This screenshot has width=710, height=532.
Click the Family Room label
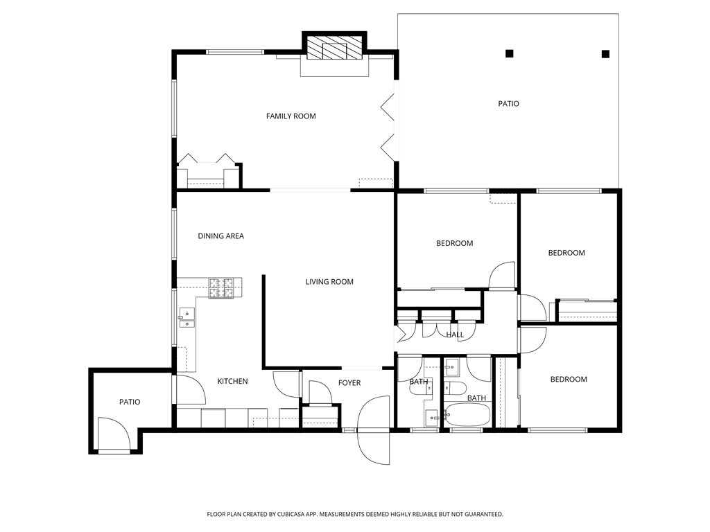pyautogui.click(x=291, y=116)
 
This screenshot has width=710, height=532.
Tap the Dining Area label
pyautogui.click(x=221, y=236)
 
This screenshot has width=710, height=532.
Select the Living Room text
pyautogui.click(x=329, y=282)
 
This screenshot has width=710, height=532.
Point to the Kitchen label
pyautogui.click(x=233, y=382)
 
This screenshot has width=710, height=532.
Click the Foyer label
pyautogui.click(x=349, y=383)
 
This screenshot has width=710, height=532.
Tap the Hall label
pyautogui.click(x=455, y=335)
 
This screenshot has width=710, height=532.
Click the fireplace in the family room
pyautogui.click(x=335, y=48)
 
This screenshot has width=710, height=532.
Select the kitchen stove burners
pyautogui.click(x=221, y=288)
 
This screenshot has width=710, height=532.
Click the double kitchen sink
pyautogui.click(x=187, y=317)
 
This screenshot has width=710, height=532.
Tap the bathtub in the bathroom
pyautogui.click(x=467, y=414)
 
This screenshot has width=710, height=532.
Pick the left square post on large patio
pyautogui.click(x=510, y=54)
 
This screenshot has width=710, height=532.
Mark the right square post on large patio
pyautogui.click(x=605, y=54)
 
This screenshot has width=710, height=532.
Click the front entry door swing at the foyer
pyautogui.click(x=373, y=429)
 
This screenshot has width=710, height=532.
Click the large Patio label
pyautogui.click(x=508, y=104)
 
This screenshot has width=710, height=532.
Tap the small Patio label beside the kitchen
pyautogui.click(x=130, y=402)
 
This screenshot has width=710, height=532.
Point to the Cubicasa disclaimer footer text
pyautogui.click(x=355, y=515)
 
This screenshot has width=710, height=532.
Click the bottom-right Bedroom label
pyautogui.click(x=569, y=380)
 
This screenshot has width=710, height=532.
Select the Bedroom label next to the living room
pyautogui.click(x=455, y=243)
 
